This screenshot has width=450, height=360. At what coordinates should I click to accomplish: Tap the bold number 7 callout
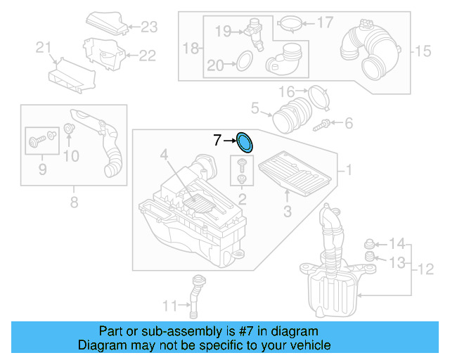coord(217,141)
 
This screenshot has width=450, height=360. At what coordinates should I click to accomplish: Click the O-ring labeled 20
coord(243,62)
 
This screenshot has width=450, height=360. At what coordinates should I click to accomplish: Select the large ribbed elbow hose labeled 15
coord(369,49)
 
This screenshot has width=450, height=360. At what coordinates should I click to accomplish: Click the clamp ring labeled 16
coord(319,96)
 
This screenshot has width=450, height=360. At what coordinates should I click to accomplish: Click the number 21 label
coord(44,48)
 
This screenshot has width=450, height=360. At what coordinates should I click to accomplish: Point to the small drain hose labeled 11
coord(195,295)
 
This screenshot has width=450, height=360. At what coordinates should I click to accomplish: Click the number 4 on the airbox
coord(163,154)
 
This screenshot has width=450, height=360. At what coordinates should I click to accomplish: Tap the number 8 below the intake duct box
coord(74,205)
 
